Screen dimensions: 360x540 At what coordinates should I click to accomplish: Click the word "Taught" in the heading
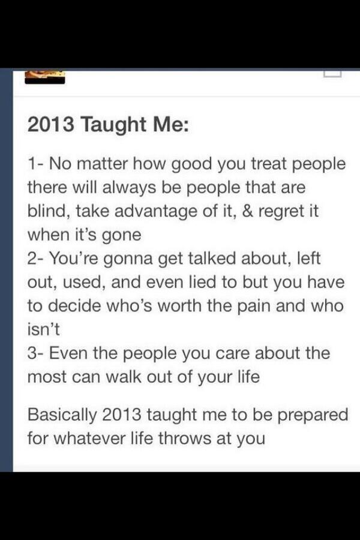(x=113, y=125)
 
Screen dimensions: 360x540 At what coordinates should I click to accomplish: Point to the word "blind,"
(x=49, y=211)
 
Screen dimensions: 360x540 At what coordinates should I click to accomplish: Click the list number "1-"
(x=35, y=164)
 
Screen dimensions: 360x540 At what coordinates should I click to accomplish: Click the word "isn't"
(x=43, y=329)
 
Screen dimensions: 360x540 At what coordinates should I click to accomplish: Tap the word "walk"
(x=124, y=377)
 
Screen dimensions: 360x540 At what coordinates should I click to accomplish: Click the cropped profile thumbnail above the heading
(x=45, y=76)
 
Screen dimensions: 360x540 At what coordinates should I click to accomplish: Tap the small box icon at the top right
(x=332, y=73)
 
